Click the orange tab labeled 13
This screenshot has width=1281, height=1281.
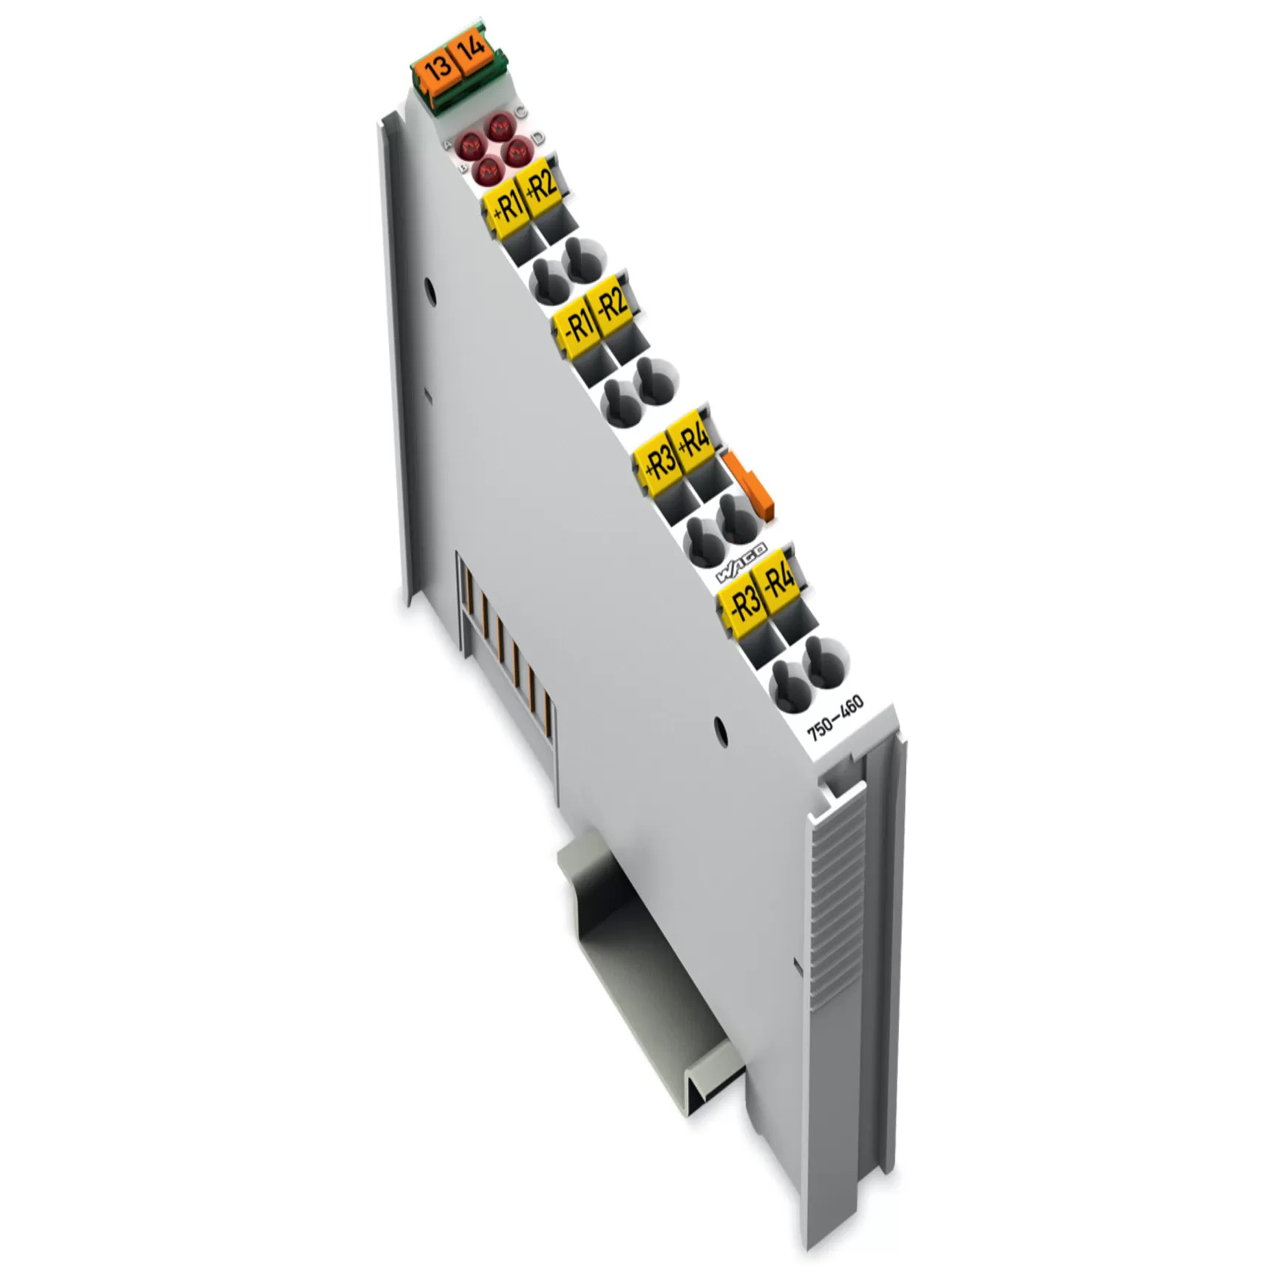[438, 68]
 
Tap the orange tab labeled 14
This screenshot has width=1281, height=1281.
[470, 50]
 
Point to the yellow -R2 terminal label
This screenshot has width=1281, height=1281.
[611, 305]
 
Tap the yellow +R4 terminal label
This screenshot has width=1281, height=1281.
[693, 441]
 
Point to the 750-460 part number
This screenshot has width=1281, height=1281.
[835, 717]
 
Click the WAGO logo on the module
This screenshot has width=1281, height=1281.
[741, 564]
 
